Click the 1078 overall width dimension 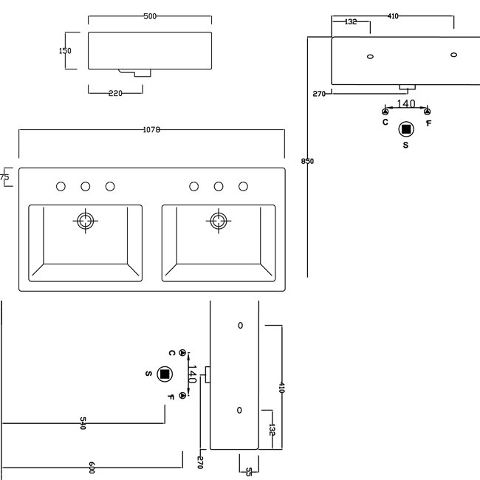click(151, 130)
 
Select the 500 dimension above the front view click(150, 16)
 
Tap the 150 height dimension click(65, 50)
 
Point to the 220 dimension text click(115, 93)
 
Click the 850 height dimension click(307, 161)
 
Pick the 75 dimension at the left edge click(4, 176)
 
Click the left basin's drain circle click(86, 221)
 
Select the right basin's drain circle click(219, 221)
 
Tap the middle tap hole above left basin click(86, 186)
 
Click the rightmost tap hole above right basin click(244, 186)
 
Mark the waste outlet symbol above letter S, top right click(406, 129)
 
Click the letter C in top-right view click(385, 122)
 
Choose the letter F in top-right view click(428, 123)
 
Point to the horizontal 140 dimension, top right click(406, 104)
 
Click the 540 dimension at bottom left click(83, 423)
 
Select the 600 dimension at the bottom click(92, 467)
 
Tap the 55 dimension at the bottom click(249, 472)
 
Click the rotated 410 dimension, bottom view click(281, 387)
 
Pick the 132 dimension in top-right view click(351, 21)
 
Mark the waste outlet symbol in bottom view click(165, 374)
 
